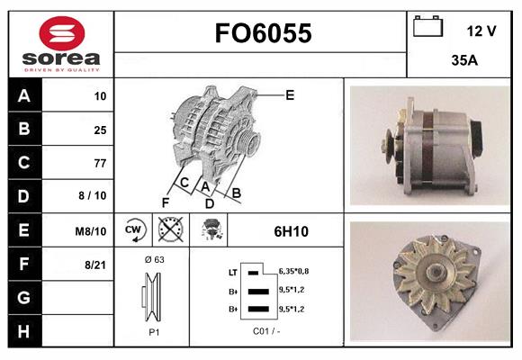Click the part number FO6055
[262, 33]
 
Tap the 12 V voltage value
[481, 31]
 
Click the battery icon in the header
[427, 28]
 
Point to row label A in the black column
[23, 96]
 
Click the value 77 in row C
[100, 163]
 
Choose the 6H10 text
[291, 231]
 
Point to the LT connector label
[233, 272]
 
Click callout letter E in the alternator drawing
[290, 94]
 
